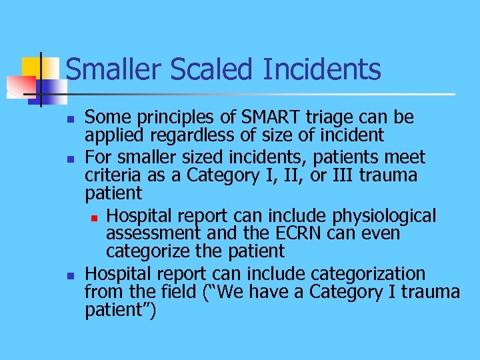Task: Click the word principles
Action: (175, 119)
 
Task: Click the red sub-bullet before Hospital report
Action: (96, 217)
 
